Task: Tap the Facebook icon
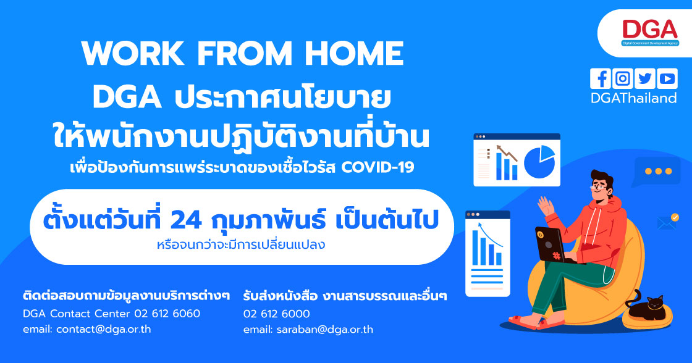(x=600, y=78)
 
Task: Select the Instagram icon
(x=623, y=78)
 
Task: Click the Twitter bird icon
(x=645, y=78)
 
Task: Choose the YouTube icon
(x=667, y=78)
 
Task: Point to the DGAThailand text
(x=634, y=98)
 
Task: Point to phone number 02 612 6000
(x=277, y=314)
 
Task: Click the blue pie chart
(x=539, y=162)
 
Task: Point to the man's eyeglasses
(x=597, y=187)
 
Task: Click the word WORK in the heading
(x=132, y=53)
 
